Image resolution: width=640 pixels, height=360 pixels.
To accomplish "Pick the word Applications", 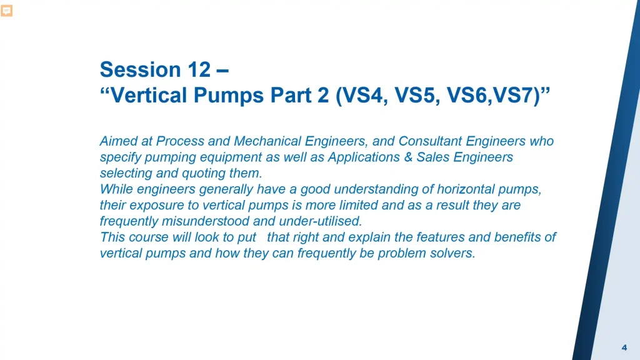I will point(361,157).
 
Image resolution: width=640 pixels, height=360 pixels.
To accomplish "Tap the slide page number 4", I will point(624,347).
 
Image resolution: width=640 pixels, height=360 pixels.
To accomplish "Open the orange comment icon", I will point(6,11).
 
